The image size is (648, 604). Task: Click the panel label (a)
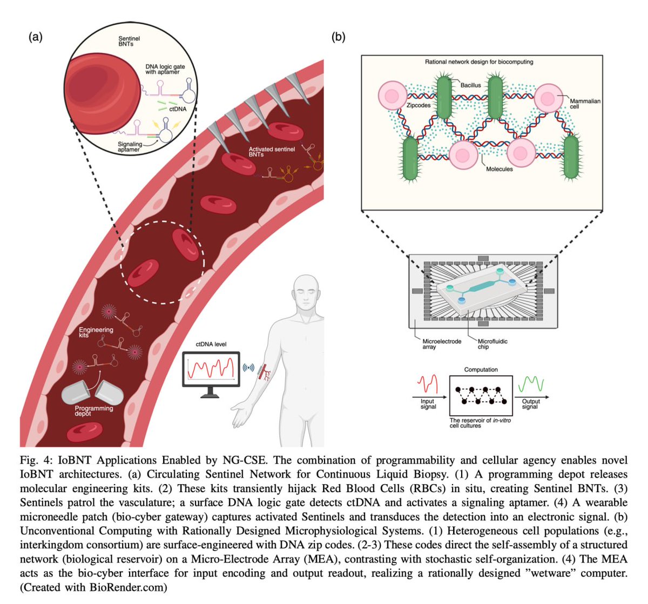click(35, 37)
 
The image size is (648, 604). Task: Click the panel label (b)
click(338, 37)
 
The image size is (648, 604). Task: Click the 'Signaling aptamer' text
click(130, 147)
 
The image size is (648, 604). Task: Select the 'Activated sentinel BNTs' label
click(271, 152)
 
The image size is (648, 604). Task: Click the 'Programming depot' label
click(94, 411)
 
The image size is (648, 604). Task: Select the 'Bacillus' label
click(470, 85)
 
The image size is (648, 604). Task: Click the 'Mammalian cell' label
click(585, 104)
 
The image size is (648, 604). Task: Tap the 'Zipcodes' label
click(418, 105)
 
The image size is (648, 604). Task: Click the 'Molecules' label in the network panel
click(499, 169)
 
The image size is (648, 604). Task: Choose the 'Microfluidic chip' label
click(492, 344)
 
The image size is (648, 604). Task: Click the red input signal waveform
click(428, 384)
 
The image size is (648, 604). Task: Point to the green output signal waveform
click(530, 384)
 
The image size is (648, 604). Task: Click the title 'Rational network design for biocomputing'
click(479, 62)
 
